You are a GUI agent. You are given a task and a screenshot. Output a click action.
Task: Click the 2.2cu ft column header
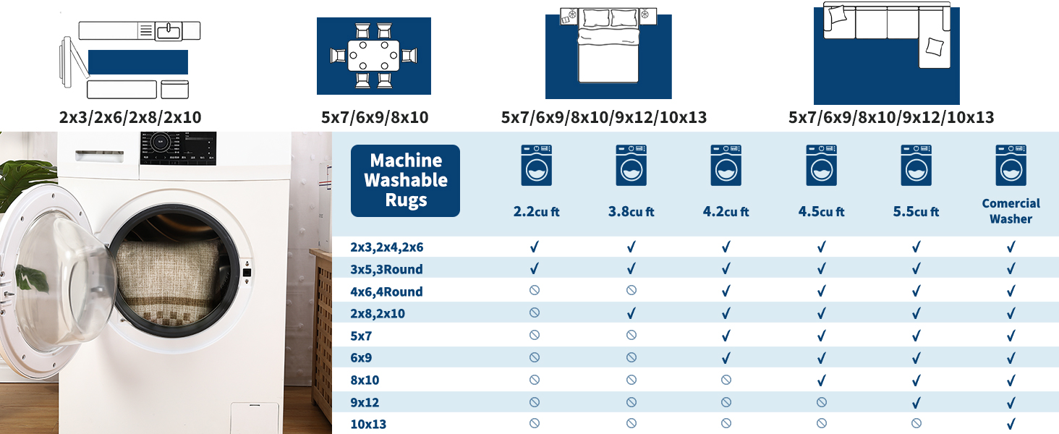click(536, 211)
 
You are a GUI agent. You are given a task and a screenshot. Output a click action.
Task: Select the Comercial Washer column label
click(1011, 211)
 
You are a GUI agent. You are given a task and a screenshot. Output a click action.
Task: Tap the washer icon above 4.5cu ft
click(821, 165)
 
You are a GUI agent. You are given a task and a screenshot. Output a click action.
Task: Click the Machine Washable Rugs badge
click(405, 181)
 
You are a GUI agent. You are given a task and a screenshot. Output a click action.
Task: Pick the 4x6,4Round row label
click(386, 292)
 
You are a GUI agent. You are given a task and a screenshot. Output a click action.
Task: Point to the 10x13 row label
click(368, 424)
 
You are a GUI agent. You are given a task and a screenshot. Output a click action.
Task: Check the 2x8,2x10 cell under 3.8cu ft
click(631, 313)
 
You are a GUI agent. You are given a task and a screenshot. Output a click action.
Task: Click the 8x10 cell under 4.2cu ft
click(726, 380)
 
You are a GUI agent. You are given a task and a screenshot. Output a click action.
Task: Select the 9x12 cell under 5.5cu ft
click(916, 402)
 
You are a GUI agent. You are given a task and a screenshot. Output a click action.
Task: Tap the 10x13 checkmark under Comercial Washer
click(1011, 424)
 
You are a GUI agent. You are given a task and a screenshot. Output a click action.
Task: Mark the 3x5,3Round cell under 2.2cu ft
click(535, 268)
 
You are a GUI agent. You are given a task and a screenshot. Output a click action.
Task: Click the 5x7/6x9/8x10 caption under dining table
click(375, 117)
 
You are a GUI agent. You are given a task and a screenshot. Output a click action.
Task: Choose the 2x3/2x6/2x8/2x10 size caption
click(130, 117)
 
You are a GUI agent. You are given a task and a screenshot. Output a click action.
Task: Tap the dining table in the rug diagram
click(373, 55)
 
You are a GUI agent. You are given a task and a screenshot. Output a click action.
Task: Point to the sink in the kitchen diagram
click(169, 31)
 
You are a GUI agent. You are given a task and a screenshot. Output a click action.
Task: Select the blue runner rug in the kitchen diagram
click(138, 62)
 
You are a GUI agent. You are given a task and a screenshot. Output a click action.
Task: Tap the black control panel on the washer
click(178, 148)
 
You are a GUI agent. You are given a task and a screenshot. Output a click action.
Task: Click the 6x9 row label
click(361, 358)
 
